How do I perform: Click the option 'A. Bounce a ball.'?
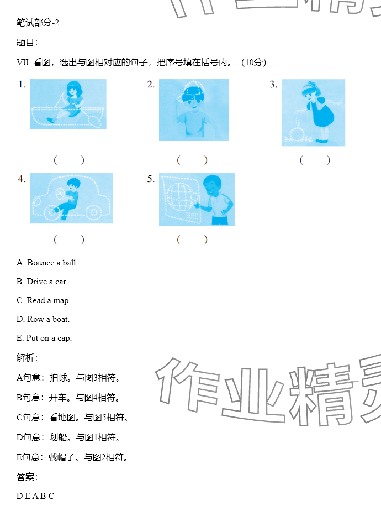pos(47,263)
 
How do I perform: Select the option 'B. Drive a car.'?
pos(42,282)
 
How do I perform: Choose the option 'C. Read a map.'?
pos(44,300)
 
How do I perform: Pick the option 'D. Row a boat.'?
pos(43,319)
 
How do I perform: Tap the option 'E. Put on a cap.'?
pos(44,338)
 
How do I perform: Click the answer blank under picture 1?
pos(69,160)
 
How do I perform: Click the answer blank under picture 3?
pos(315,160)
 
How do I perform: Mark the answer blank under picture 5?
pos(192,239)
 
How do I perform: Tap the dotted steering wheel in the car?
pos(60,192)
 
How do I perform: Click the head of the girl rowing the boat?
pos(75,88)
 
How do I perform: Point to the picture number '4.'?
pos(22,179)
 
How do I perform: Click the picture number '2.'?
pos(151,85)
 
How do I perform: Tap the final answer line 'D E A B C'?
pos(35,496)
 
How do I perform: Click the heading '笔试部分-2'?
pos(38,23)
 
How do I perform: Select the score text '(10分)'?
pos(254,63)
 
